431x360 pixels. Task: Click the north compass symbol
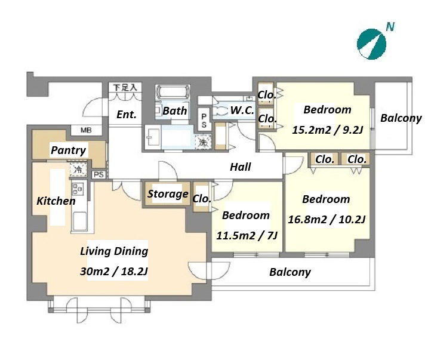coord(371,44)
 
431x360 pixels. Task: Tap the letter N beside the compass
coord(390,27)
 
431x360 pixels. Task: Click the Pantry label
coord(69,150)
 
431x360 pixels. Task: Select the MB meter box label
coord(86,130)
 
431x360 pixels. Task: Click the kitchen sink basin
coord(79,220)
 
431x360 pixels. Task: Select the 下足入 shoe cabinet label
coord(125,88)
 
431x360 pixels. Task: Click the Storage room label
coord(168,194)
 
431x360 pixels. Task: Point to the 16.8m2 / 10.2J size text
coord(327,220)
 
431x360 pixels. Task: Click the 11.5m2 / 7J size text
coord(247,235)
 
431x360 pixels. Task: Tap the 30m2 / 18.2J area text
coord(114,271)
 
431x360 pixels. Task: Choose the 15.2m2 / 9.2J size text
coord(328,130)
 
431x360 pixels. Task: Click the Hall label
coord(241,167)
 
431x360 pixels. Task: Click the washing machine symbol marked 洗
coord(203,142)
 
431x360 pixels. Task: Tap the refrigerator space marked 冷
coord(78,170)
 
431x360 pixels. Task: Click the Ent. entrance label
coord(127,114)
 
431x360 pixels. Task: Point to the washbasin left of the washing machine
coord(153,137)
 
